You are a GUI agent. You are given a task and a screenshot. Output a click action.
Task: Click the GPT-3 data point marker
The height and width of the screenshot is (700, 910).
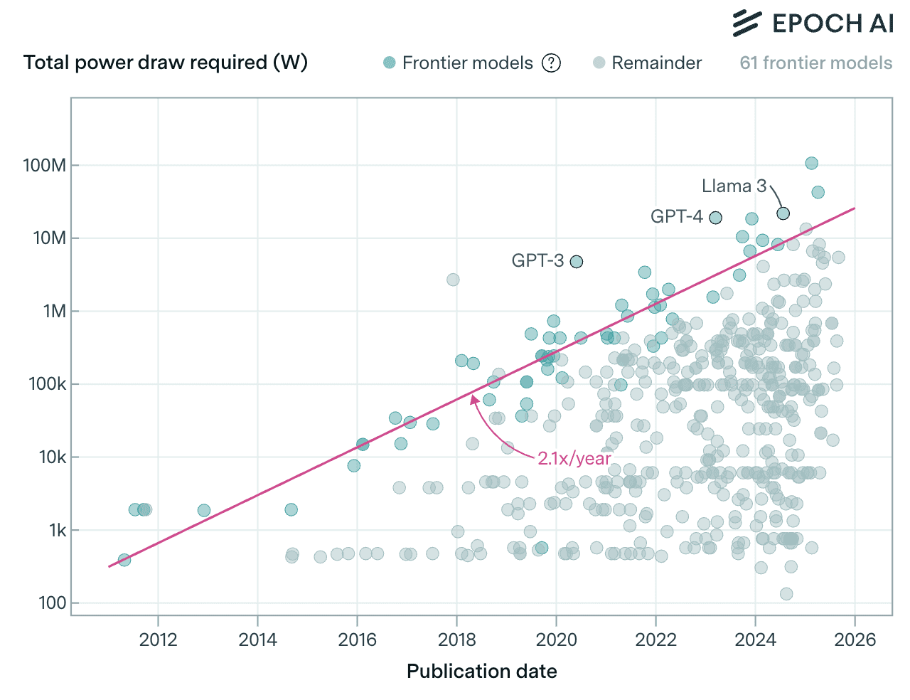pos(577,261)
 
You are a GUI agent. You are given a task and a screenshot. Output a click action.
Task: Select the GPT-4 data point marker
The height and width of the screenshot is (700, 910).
pos(715,217)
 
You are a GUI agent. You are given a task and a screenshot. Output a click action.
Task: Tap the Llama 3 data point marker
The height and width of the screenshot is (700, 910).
pos(783,213)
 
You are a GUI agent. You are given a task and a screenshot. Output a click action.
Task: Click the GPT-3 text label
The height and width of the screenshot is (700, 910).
pos(537,260)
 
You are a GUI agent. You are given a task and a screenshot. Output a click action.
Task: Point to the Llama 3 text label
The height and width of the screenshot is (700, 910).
pos(734,186)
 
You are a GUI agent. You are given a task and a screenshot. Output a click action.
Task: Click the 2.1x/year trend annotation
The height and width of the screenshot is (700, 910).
pos(574,458)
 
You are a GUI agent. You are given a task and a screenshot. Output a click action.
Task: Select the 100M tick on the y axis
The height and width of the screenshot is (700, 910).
pos(45,165)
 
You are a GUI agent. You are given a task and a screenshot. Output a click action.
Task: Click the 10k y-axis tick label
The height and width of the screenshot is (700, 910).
pos(53,457)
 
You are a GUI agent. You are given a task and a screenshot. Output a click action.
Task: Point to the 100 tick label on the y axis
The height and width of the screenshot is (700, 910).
pos(53,603)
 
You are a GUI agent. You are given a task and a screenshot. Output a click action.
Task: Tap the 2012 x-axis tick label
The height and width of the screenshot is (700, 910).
pos(158,639)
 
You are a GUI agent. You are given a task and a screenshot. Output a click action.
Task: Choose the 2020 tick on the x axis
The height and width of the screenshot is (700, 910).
pos(556,639)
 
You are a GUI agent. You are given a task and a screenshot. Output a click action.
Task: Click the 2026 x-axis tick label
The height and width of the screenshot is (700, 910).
pos(855,639)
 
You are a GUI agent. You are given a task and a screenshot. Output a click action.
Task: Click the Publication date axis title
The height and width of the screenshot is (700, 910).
pos(481,672)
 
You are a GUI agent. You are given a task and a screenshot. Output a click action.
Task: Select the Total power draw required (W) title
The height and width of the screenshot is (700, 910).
pos(166,63)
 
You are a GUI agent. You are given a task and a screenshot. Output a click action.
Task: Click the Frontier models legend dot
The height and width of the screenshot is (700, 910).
pos(389,63)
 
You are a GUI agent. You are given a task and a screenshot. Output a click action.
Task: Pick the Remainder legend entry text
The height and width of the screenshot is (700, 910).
pos(656,63)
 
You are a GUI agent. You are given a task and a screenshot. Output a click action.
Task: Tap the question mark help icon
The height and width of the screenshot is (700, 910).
pos(551,63)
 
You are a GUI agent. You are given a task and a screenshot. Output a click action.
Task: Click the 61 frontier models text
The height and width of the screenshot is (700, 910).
pos(815,63)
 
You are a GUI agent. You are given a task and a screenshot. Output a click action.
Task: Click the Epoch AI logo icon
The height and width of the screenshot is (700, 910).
pos(746,23)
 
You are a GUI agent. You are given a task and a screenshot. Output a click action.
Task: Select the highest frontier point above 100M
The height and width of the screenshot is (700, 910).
pos(811,163)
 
